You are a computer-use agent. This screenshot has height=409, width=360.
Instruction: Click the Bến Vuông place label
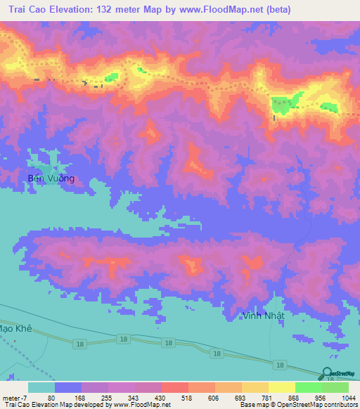pyautogui.click(x=51, y=178)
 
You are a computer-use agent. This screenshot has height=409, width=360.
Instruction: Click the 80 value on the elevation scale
pyautogui.click(x=51, y=398)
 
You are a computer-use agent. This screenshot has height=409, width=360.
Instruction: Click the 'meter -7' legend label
pyautogui.click(x=15, y=398)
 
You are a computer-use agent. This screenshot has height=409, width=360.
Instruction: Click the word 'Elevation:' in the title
pyautogui.click(x=77, y=10)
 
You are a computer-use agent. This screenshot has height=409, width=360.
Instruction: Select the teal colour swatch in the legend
pyautogui.click(x=41, y=387)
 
